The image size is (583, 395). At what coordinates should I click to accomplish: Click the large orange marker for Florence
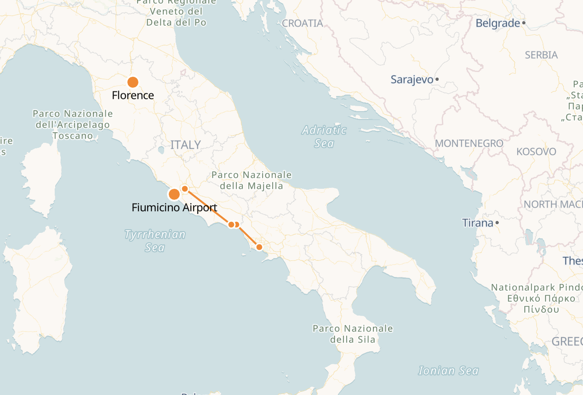[x=133, y=82]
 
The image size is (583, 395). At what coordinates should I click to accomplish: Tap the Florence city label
[x=133, y=96]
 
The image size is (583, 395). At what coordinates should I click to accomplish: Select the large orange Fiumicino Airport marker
[x=174, y=195]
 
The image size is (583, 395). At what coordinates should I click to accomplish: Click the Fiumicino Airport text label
[x=174, y=208]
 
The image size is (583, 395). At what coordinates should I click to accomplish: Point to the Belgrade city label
[x=497, y=23]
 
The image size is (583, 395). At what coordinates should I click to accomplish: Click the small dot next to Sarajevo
[x=437, y=79]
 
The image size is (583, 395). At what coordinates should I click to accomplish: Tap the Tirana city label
[x=477, y=223]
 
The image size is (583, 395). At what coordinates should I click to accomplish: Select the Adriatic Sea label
[x=324, y=137]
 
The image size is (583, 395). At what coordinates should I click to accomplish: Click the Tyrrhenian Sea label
[x=155, y=241]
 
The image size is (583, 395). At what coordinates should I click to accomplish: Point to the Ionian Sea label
[x=448, y=371]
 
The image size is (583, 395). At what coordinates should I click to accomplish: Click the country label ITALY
[x=186, y=145]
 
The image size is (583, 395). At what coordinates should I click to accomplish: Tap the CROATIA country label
[x=302, y=23]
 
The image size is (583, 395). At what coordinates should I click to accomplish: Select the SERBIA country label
[x=541, y=55]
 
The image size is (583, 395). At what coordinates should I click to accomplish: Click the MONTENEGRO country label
[x=469, y=144]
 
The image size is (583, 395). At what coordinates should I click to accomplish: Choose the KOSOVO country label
[x=536, y=152]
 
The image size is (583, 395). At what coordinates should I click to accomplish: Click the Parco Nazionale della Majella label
[x=251, y=180]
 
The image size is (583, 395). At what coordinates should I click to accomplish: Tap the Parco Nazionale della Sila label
[x=353, y=334]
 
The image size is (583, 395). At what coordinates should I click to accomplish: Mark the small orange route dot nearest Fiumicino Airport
[x=185, y=189]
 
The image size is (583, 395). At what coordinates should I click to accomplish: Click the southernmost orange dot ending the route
[x=259, y=247]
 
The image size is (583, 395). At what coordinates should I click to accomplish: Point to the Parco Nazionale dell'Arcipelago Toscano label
[x=73, y=124]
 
